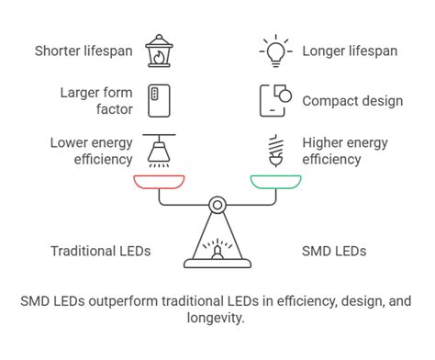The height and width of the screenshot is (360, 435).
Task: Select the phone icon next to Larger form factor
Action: coord(160,99)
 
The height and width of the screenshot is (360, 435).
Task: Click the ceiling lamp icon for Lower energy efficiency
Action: coord(160,150)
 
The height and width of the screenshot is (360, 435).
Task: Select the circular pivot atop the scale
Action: coord(217,204)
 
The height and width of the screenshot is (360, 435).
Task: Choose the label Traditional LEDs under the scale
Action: coord(100,251)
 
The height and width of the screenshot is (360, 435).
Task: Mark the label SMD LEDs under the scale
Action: coord(334,251)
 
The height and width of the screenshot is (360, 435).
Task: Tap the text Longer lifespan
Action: coord(350,51)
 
